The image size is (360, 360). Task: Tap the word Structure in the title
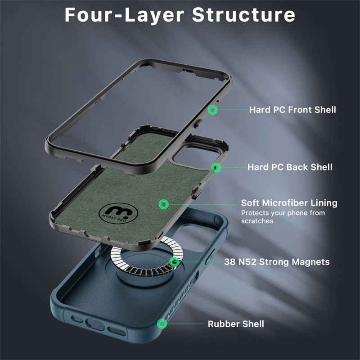tap(243, 14)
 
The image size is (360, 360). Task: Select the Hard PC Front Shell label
tap(292, 109)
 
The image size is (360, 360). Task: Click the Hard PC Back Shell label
tap(290, 167)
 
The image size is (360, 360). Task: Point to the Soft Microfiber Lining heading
tap(289, 203)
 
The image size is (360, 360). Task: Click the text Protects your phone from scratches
tap(283, 217)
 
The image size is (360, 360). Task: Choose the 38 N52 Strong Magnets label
tap(277, 262)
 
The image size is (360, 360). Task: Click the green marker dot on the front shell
tap(212, 109)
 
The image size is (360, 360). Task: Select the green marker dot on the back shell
tap(216, 167)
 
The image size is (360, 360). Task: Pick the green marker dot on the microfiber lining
tap(164, 204)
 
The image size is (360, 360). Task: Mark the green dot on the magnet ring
tap(174, 262)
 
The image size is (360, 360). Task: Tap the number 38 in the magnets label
tap(230, 262)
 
